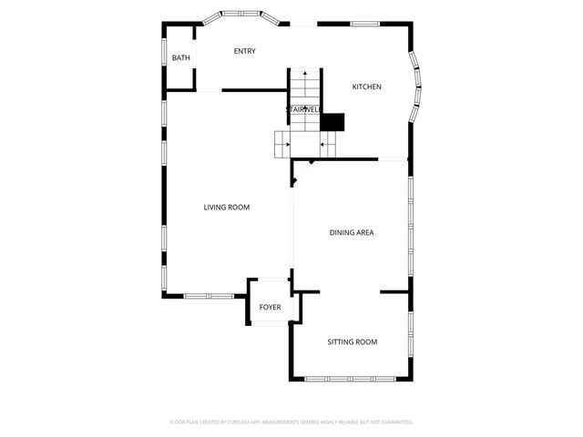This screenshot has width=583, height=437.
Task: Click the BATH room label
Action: click(x=181, y=59)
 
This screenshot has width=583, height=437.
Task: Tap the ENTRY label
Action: click(x=244, y=51)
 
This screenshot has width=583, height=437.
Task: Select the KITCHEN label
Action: click(x=366, y=87)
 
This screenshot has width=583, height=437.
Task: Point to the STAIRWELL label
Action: click(x=303, y=110)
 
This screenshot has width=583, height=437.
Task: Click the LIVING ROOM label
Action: click(x=226, y=208)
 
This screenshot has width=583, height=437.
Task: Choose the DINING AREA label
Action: click(x=352, y=233)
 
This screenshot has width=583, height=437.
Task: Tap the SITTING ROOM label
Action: click(x=352, y=342)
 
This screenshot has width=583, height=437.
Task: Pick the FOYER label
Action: click(x=270, y=308)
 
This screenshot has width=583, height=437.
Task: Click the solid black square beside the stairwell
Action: click(x=332, y=121)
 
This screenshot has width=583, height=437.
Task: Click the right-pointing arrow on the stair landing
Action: click(x=288, y=144)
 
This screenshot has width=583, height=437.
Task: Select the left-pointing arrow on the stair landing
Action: click(x=323, y=144)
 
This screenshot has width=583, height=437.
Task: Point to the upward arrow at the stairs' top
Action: click(x=305, y=72)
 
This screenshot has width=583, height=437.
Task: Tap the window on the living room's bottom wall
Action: click(x=209, y=295)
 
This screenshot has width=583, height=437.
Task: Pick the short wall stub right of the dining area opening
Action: click(x=394, y=292)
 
